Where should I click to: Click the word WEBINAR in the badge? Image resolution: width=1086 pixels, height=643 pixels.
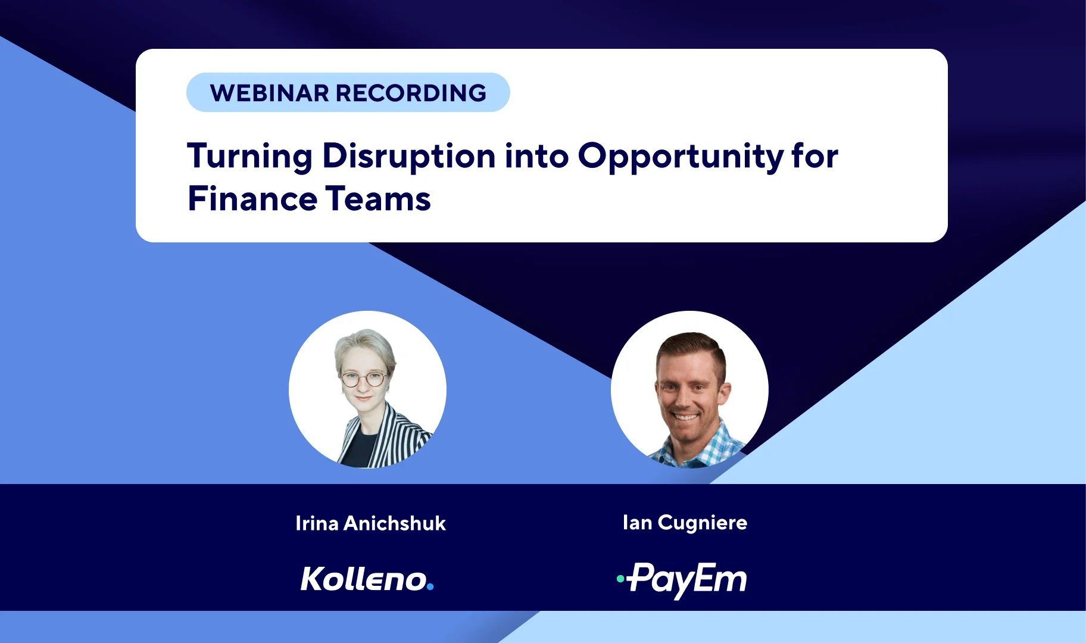(269, 93)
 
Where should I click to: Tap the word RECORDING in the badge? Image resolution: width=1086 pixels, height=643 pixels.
(411, 93)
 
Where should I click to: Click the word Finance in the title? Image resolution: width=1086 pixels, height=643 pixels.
(251, 199)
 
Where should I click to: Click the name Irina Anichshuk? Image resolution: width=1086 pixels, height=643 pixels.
(370, 523)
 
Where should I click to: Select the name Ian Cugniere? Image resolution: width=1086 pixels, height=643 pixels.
(685, 523)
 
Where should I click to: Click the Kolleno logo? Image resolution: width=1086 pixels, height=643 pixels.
(367, 579)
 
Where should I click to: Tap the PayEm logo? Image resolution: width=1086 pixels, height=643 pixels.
(682, 580)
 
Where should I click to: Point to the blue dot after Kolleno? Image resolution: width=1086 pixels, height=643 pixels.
(430, 587)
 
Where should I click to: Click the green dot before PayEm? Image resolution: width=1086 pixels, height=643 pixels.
(620, 578)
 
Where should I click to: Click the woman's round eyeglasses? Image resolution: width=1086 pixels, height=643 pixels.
(362, 379)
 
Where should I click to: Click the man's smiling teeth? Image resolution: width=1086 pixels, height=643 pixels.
(685, 417)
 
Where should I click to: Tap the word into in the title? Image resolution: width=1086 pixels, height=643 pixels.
(536, 156)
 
